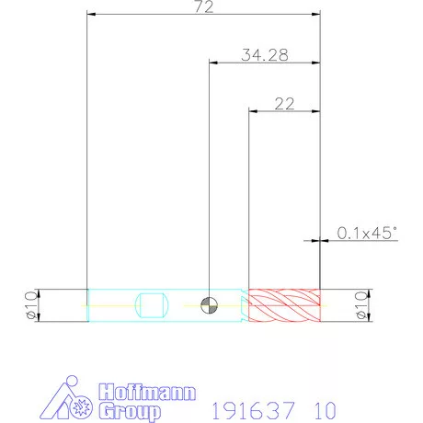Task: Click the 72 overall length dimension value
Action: [204, 6]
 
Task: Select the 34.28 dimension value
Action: [265, 55]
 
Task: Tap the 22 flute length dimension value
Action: [284, 104]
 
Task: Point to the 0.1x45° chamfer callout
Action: [367, 233]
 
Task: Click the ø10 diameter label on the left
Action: [31, 305]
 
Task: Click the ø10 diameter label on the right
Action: [360, 305]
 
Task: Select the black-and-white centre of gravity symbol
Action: [209, 305]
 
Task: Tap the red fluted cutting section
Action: [284, 305]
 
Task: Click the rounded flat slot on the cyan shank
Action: [152, 305]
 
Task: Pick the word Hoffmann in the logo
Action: [147, 392]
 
